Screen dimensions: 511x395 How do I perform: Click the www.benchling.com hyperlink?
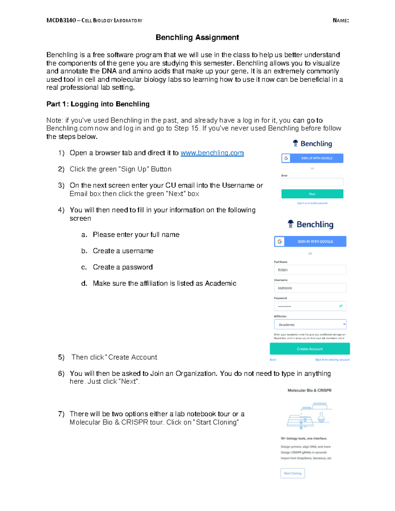212,153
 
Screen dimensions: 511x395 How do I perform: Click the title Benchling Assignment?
197,38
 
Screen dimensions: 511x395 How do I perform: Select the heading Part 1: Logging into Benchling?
98,104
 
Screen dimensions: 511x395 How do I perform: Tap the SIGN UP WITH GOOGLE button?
312,158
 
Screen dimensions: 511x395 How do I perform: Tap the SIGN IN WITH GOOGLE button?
310,242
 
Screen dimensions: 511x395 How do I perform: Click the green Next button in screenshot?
312,194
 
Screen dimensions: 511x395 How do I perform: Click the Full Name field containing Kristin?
310,270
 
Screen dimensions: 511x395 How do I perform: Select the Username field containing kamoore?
310,288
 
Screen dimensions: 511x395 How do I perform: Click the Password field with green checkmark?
310,306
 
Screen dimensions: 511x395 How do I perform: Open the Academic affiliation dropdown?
310,324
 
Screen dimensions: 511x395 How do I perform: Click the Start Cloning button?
292,473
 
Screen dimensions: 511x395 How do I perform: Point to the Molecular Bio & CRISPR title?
309,391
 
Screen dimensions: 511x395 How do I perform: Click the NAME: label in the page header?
341,20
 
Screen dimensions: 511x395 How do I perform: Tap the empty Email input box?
312,182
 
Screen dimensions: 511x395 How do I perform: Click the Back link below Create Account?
273,360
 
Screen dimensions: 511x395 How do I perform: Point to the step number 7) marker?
61,414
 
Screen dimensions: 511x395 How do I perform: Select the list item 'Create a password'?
122,267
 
